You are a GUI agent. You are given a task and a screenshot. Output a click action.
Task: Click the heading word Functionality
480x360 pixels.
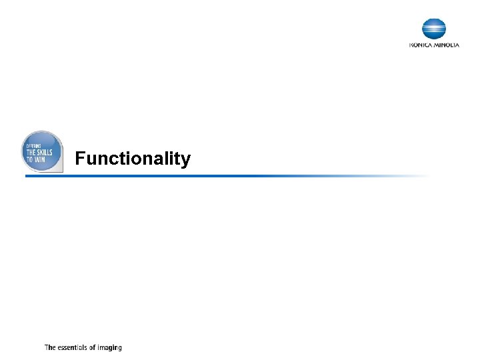(x=133, y=159)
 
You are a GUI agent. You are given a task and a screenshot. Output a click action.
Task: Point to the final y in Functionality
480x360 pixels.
(x=186, y=161)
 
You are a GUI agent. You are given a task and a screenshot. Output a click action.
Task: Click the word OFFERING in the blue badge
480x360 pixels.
(x=33, y=146)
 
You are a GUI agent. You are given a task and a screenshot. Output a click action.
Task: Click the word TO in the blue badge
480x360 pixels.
(x=30, y=160)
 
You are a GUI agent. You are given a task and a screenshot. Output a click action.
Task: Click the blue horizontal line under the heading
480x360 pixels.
(x=200, y=176)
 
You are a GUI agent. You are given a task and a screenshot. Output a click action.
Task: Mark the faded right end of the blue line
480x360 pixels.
(x=420, y=176)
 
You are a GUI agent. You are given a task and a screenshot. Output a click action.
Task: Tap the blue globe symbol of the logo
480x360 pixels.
(x=434, y=29)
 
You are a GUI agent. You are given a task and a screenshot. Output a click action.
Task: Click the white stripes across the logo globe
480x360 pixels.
(x=434, y=29)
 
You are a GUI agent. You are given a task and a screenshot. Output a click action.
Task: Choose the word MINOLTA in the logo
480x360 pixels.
(x=446, y=45)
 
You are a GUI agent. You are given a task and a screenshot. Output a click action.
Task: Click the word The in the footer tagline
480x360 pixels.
(x=50, y=347)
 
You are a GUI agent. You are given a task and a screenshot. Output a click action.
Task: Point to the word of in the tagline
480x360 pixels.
(x=93, y=347)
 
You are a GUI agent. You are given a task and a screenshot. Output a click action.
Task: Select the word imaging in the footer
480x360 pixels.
(x=110, y=348)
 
